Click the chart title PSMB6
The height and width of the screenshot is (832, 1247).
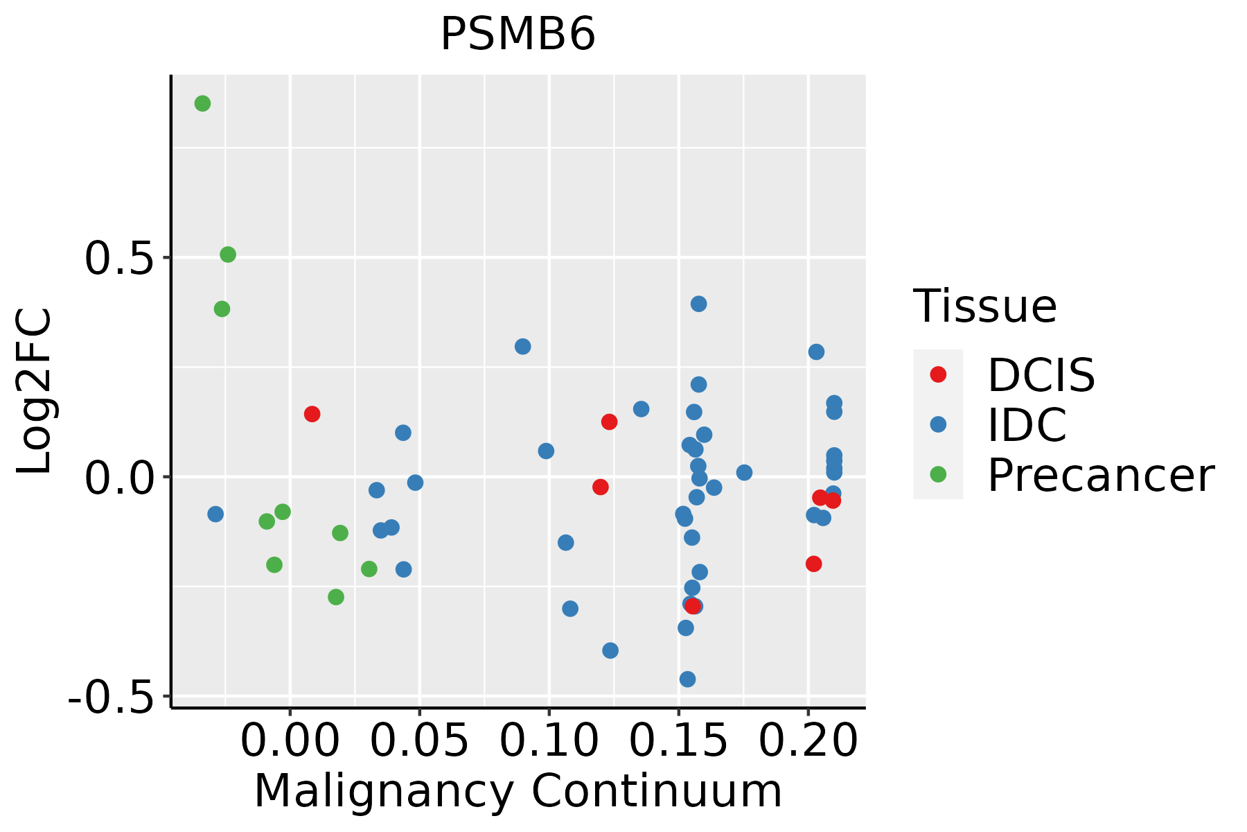point(518,35)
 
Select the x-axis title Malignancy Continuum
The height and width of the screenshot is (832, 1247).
point(518,792)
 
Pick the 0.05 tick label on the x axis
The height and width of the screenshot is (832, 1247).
point(419,742)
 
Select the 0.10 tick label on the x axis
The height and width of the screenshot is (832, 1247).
point(549,742)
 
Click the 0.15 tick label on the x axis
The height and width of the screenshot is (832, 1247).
point(678,742)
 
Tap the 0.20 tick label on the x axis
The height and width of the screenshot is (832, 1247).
point(808,742)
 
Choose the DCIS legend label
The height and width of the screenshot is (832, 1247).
point(1041,375)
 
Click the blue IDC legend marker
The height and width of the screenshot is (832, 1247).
point(938,424)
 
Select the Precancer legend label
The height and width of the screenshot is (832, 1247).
point(1100,476)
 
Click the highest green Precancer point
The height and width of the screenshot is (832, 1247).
point(202,104)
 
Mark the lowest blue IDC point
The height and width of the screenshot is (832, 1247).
point(687,679)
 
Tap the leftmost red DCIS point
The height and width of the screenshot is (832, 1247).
point(312,414)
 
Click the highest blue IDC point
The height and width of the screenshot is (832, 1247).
point(698,304)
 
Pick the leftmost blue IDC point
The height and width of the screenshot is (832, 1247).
point(215,514)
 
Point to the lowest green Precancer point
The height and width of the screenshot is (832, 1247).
point(336,597)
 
